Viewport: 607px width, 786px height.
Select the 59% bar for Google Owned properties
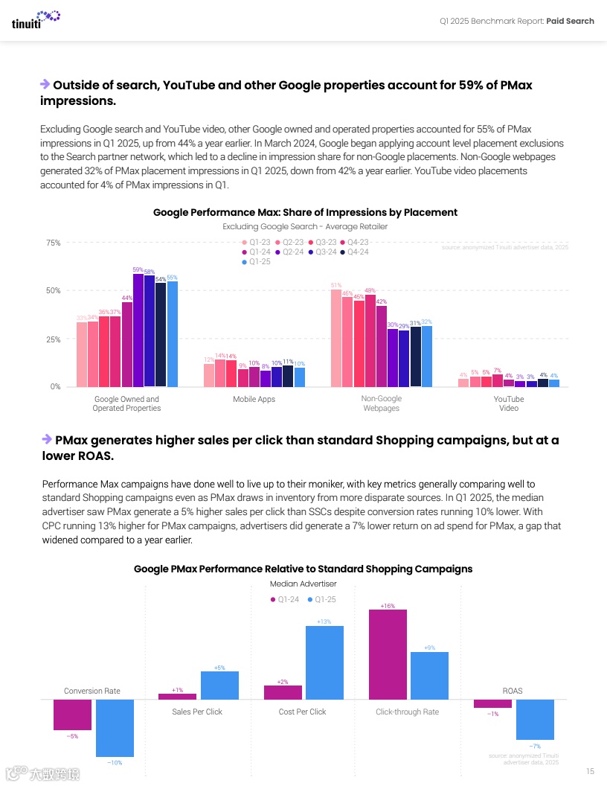click(x=138, y=330)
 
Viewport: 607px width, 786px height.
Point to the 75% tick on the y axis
click(x=53, y=243)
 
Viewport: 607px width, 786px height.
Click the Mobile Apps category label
click(x=254, y=400)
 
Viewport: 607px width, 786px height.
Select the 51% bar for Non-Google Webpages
click(x=336, y=338)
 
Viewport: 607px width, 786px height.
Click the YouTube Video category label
click(x=509, y=403)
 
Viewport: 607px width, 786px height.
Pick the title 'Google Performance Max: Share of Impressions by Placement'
click(x=305, y=213)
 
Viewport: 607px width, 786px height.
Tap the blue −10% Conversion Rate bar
click(x=115, y=728)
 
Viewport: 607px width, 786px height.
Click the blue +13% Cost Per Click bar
click(x=324, y=662)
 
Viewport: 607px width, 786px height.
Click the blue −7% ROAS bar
click(x=535, y=718)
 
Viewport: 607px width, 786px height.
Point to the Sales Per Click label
click(x=197, y=712)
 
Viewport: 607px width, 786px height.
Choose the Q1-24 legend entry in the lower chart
click(x=284, y=599)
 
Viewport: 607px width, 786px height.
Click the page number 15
click(x=590, y=770)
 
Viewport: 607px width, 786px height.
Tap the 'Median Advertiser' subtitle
click(x=303, y=584)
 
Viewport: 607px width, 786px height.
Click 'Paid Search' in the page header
click(x=570, y=21)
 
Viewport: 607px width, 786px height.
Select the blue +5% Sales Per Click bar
click(x=219, y=686)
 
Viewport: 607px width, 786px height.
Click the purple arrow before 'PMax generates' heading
click(x=45, y=439)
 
